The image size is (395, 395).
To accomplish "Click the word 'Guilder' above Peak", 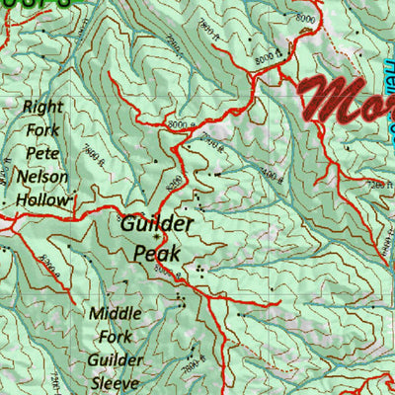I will [x=157, y=224].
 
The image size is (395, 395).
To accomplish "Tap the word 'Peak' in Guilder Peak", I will [x=157, y=252].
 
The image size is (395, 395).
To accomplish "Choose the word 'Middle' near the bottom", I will [x=116, y=314].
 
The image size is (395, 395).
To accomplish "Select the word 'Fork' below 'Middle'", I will [x=114, y=337].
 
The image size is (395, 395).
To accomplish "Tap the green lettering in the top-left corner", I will [x=39, y=5].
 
